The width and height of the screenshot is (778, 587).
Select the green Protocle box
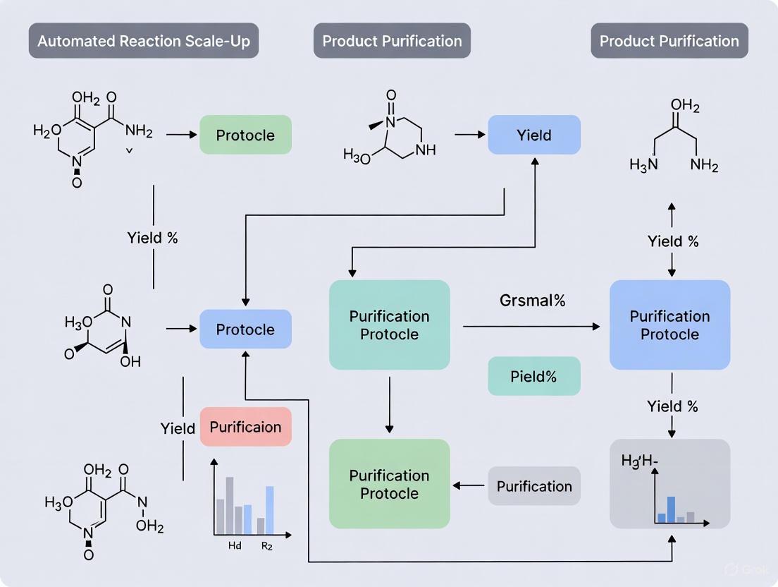click(x=245, y=135)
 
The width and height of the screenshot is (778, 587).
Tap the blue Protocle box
click(x=245, y=329)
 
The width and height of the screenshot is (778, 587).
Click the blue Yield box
click(x=534, y=135)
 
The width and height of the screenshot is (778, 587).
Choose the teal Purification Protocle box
click(x=389, y=325)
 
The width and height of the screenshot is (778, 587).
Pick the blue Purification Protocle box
click(x=669, y=325)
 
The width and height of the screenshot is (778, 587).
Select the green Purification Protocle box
click(x=389, y=484)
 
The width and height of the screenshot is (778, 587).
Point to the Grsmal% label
click(x=533, y=301)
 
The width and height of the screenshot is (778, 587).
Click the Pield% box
click(x=534, y=376)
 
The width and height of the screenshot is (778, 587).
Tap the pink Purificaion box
click(x=245, y=427)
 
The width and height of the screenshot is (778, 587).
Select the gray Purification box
click(x=534, y=486)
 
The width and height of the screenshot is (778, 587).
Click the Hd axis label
click(x=235, y=545)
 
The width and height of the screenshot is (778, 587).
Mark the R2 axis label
click(x=267, y=545)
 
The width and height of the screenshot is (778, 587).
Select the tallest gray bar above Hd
click(x=230, y=505)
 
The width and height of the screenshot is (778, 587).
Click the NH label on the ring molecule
click(x=426, y=150)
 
